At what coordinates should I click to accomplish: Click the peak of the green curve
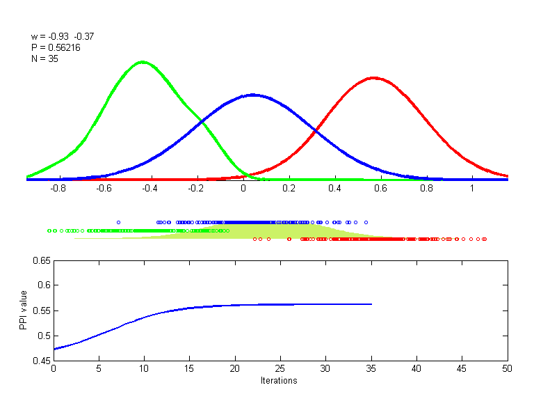(x=143, y=62)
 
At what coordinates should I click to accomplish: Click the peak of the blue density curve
(x=252, y=94)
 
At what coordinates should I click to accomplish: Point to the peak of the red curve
(x=374, y=77)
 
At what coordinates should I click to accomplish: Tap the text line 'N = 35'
(x=44, y=59)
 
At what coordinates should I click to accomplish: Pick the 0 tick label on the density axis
(x=243, y=188)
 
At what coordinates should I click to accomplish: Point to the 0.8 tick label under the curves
(x=426, y=188)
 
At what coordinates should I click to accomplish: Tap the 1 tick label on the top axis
(x=472, y=188)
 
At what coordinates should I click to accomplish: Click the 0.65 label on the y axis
(x=41, y=260)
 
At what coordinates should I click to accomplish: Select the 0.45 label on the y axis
(x=41, y=361)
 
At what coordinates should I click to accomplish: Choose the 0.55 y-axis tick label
(x=41, y=310)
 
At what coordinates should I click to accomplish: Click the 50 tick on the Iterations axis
(x=508, y=369)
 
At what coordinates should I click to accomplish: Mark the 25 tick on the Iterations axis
(x=280, y=369)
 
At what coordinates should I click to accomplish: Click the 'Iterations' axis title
(x=279, y=380)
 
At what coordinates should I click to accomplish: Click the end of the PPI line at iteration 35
(x=371, y=304)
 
